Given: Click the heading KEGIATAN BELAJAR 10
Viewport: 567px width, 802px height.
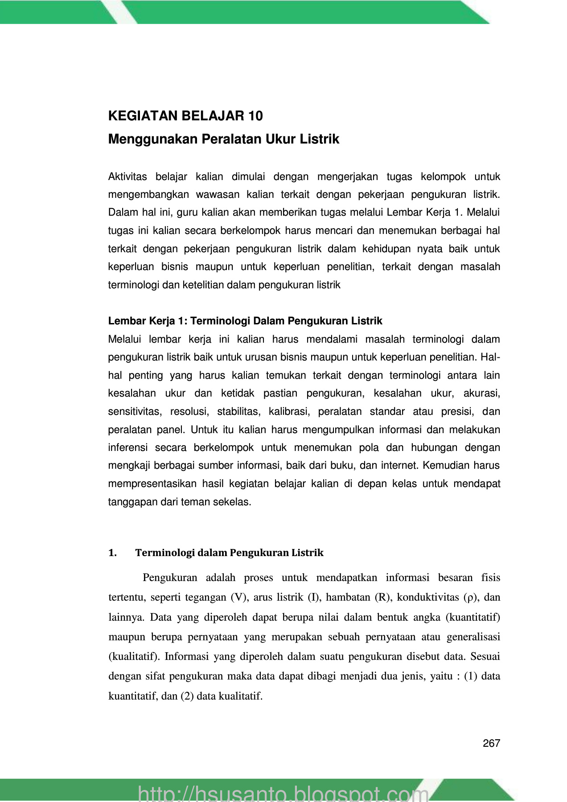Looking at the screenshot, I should coord(185,116).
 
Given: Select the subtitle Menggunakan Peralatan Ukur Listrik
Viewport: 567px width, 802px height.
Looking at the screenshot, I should coord(223,139).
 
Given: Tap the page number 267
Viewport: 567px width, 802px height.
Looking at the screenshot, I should coord(491,743).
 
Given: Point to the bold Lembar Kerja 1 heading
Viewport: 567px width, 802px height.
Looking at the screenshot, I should coord(245,321).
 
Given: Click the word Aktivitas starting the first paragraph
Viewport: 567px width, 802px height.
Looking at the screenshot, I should coord(127,177).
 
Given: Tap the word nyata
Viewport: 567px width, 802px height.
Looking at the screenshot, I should coord(429,249).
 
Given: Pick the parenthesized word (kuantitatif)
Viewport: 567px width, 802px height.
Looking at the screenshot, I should coord(473,618).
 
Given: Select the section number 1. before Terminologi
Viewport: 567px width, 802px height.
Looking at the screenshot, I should coord(112,553).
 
